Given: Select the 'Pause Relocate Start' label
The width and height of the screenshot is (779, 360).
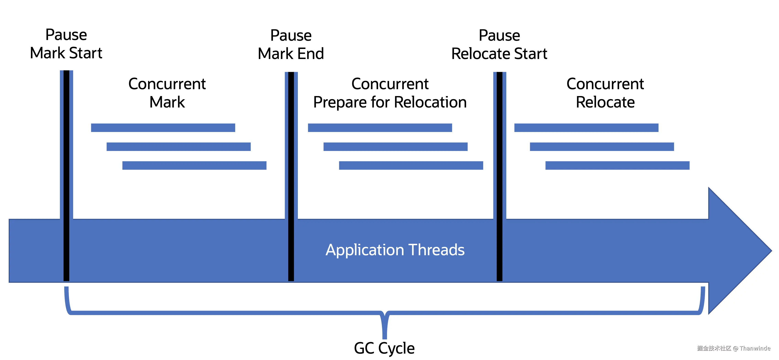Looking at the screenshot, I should pos(499,44).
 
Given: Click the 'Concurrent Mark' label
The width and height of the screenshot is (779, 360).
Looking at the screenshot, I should pos(167,93).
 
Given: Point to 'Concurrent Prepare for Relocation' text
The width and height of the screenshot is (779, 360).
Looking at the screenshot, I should pos(390,93).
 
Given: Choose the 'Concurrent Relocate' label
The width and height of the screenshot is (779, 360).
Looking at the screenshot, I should pos(605,93).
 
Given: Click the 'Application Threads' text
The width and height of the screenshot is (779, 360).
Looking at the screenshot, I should pos(395,250).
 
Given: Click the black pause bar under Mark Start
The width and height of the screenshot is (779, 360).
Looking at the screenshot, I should pos(66,175).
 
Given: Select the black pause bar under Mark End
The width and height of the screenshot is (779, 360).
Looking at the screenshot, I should pos(291,175).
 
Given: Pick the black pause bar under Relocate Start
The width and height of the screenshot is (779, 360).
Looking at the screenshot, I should pos(500,175).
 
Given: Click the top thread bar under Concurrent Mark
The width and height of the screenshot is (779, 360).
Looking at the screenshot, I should pos(163,128).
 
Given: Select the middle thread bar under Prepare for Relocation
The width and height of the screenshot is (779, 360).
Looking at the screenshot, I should pos(395,147).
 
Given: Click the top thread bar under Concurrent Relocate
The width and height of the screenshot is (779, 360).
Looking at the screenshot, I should pos(586,128).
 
